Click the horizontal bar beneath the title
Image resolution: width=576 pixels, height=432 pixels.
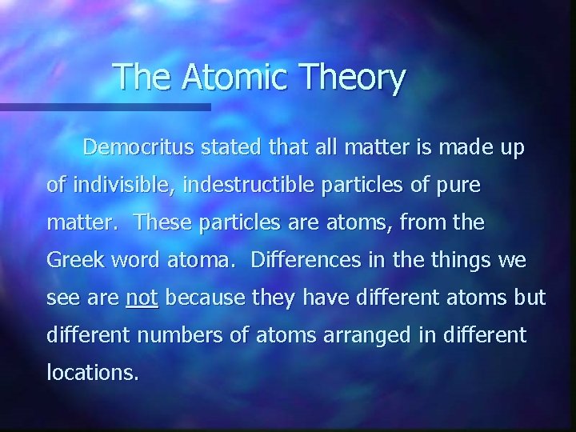(x=105, y=106)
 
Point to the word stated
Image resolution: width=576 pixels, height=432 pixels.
(x=229, y=148)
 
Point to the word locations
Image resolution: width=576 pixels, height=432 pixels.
(x=92, y=372)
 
